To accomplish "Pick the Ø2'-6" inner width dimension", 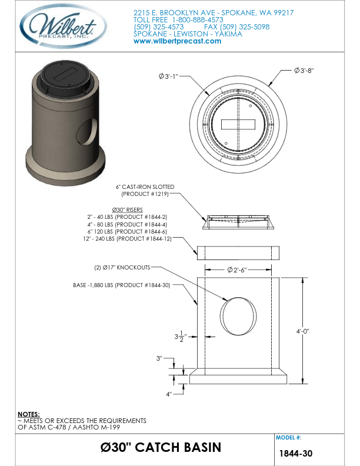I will coord(239,270).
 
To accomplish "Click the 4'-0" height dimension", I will coord(302,331).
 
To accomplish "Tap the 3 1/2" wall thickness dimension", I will coord(180,337).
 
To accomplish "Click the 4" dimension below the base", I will coord(168,394).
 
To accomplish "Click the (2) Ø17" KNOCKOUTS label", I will coord(122,267).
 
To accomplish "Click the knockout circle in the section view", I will coord(238,315).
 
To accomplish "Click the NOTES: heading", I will coord(29,414).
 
